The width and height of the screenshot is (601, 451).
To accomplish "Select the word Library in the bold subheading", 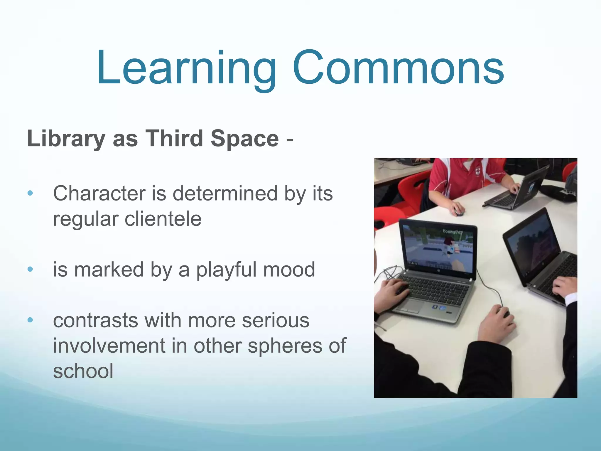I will coord(66,139).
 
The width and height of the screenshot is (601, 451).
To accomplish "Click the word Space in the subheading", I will coord(244,139).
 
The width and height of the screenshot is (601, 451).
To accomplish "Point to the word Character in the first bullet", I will coord(99,193).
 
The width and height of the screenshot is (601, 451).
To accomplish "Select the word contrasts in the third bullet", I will coord(96,320).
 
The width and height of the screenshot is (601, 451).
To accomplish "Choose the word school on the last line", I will coord(83,371).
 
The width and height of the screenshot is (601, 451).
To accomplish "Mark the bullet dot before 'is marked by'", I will coord(30,269).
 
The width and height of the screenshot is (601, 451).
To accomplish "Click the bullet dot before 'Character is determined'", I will coord(30,193).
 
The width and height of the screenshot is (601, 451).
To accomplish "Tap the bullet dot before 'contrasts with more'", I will coord(30,320).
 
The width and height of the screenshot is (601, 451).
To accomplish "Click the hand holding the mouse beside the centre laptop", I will coord(496,323).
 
